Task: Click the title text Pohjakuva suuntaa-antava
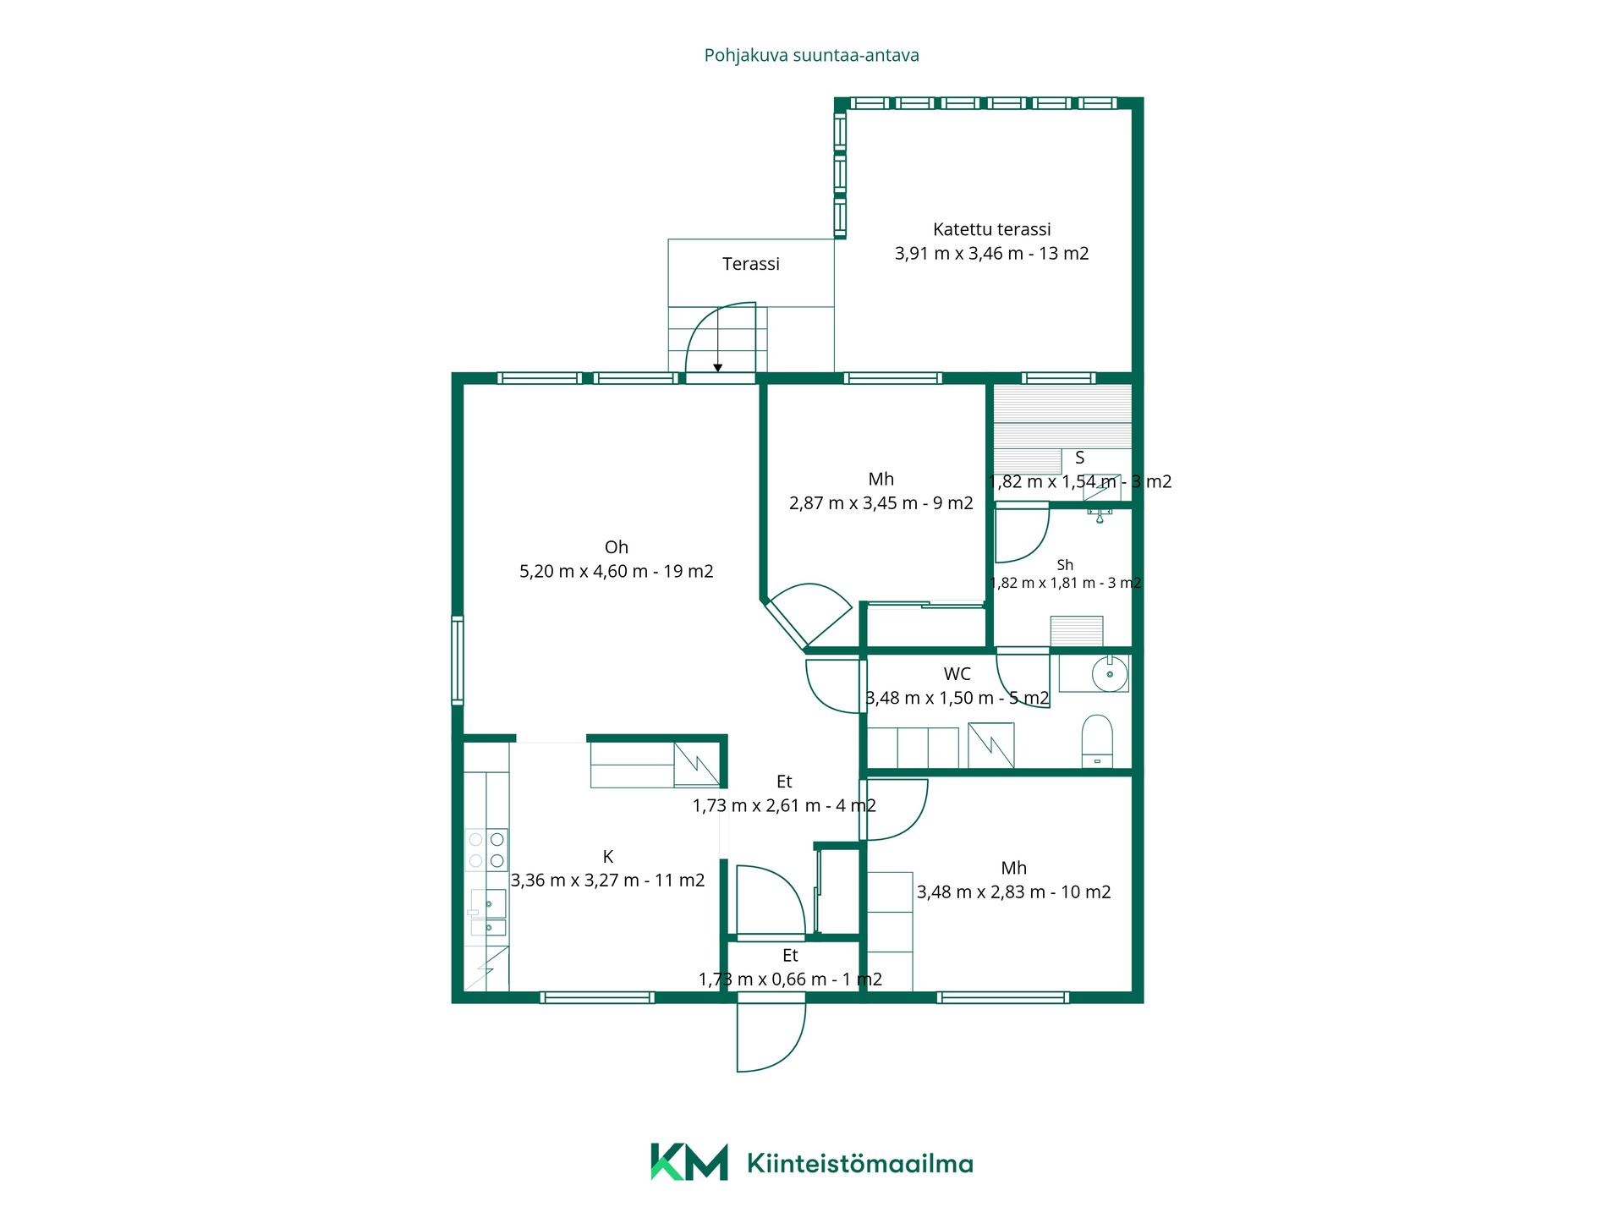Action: (x=811, y=56)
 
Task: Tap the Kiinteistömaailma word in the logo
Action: (x=860, y=1164)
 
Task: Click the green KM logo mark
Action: (x=689, y=1162)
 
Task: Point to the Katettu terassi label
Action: (x=992, y=229)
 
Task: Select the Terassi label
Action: (x=751, y=264)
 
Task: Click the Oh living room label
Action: (x=617, y=547)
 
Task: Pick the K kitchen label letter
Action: (x=608, y=857)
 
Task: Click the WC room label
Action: (x=957, y=674)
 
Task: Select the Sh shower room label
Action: (x=1065, y=565)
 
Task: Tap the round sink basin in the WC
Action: (x=1110, y=674)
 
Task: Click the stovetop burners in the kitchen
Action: (x=486, y=850)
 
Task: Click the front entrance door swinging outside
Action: (x=771, y=1037)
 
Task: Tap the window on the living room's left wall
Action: (x=458, y=661)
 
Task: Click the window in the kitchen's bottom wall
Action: (x=597, y=998)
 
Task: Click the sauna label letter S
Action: (x=1080, y=458)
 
